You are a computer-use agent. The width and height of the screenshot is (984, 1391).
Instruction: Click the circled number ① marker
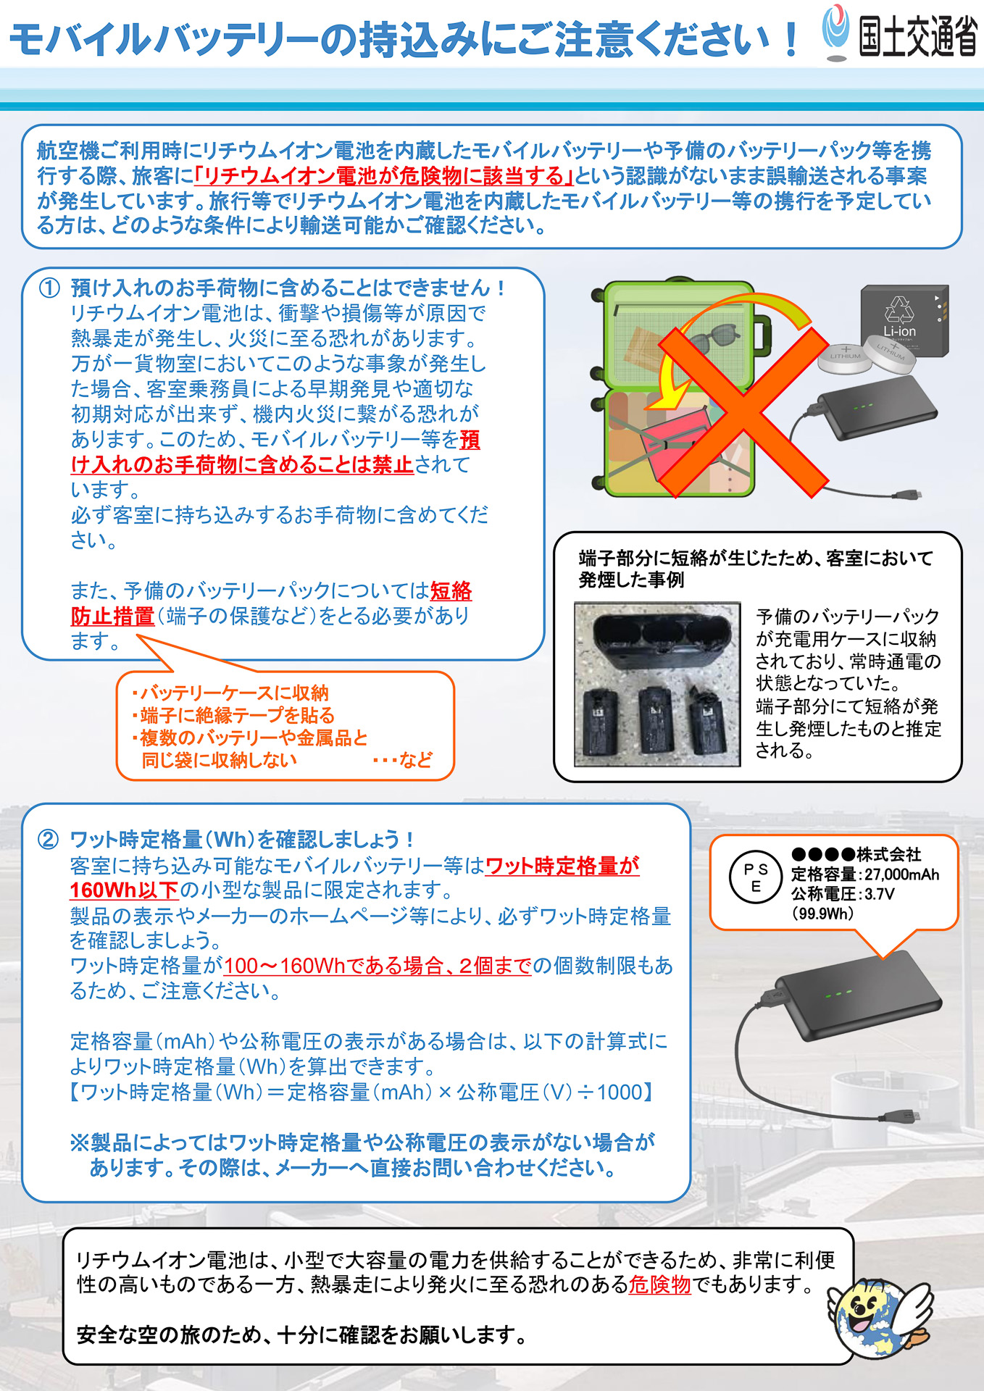[49, 288]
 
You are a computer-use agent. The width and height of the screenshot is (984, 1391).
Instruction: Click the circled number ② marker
[49, 840]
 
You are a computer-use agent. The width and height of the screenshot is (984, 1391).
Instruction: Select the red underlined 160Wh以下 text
[123, 890]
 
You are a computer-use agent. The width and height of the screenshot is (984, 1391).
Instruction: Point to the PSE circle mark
[755, 877]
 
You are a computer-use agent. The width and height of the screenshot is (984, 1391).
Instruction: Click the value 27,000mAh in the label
[901, 874]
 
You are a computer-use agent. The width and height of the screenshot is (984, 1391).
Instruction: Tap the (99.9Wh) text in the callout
[823, 914]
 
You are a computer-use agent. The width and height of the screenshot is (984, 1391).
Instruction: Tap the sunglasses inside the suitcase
[713, 340]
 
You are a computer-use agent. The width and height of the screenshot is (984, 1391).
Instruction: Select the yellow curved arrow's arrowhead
[677, 396]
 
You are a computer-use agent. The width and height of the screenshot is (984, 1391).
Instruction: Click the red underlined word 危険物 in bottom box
[659, 1285]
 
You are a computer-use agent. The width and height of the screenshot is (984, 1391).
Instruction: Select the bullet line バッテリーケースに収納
[230, 693]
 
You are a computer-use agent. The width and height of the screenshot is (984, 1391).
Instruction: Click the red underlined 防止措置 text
[112, 617]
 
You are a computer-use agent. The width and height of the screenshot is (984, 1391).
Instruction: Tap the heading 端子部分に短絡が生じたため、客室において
[756, 558]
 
